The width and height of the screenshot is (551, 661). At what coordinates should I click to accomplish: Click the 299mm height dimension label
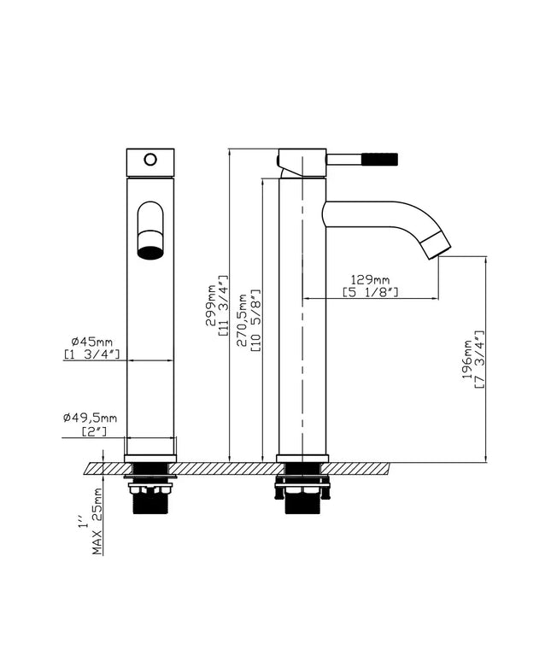point(210,305)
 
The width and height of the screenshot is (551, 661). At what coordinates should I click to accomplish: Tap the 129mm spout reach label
point(370,279)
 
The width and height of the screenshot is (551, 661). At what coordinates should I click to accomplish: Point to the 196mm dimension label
point(467,360)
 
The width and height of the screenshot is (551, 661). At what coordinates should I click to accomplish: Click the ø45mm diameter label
point(92,341)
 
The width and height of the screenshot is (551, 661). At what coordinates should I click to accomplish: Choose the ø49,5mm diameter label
point(91,418)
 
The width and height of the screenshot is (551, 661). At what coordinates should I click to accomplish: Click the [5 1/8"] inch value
point(370,292)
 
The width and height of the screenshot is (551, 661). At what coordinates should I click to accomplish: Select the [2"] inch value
point(94,431)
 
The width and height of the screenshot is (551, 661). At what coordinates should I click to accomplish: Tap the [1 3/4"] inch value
point(92,354)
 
